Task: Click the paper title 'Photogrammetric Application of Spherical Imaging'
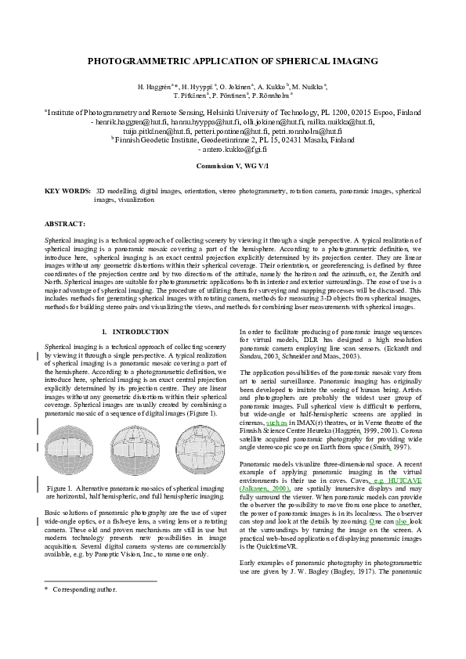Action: pos(233,60)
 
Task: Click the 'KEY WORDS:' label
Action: pos(67,190)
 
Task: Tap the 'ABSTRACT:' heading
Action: pos(65,223)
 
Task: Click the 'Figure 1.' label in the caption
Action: pos(63,488)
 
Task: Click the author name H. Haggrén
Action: pos(156,85)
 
